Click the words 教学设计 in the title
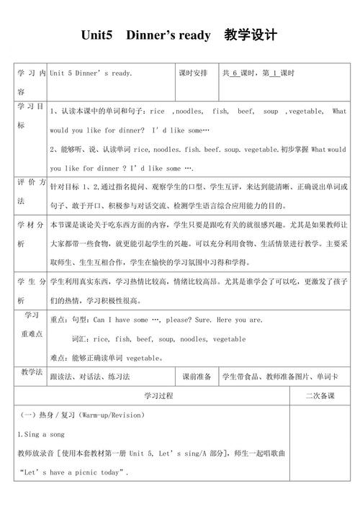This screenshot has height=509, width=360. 250,35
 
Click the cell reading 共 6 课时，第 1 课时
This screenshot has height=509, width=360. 259,73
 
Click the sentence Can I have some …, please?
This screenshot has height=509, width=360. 144,320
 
